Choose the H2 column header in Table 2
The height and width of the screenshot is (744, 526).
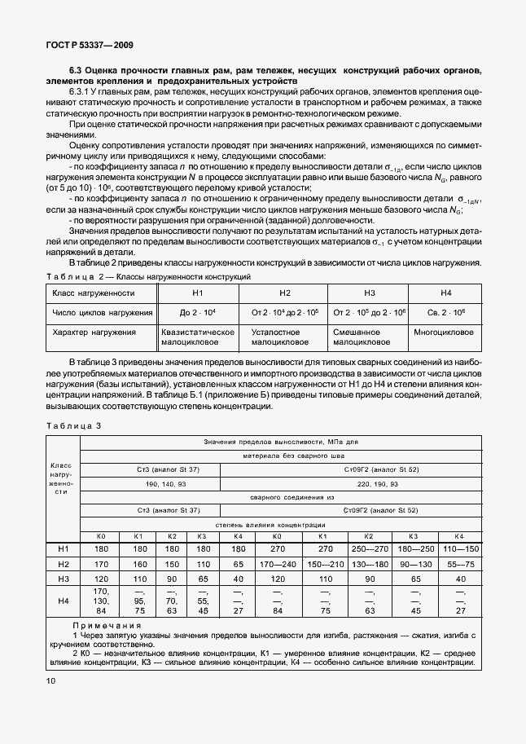click(285, 292)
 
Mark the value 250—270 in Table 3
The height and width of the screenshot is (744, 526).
click(368, 549)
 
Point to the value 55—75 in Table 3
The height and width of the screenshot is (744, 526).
click(459, 563)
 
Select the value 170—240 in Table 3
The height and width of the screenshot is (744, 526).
click(277, 563)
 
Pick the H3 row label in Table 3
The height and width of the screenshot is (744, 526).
click(63, 577)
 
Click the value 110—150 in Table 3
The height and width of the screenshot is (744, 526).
click(459, 549)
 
